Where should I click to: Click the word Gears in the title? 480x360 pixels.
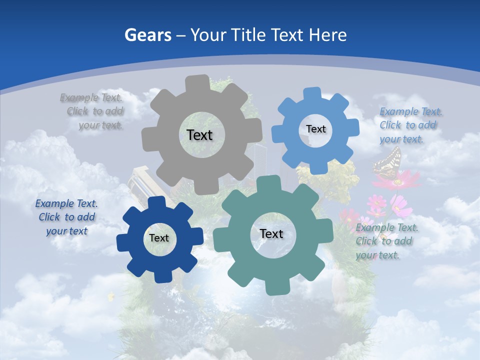click(x=147, y=35)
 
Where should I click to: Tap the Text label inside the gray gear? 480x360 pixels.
click(x=199, y=135)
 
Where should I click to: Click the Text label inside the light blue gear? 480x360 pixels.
click(x=315, y=129)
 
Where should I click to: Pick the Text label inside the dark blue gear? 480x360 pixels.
click(x=159, y=238)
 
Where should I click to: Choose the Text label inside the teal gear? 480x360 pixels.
click(x=271, y=234)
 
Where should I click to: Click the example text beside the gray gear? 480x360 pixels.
click(x=95, y=111)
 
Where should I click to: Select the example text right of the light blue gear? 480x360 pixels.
click(x=410, y=125)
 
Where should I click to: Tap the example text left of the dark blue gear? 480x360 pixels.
click(x=66, y=217)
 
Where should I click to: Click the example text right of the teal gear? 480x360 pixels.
click(x=386, y=241)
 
